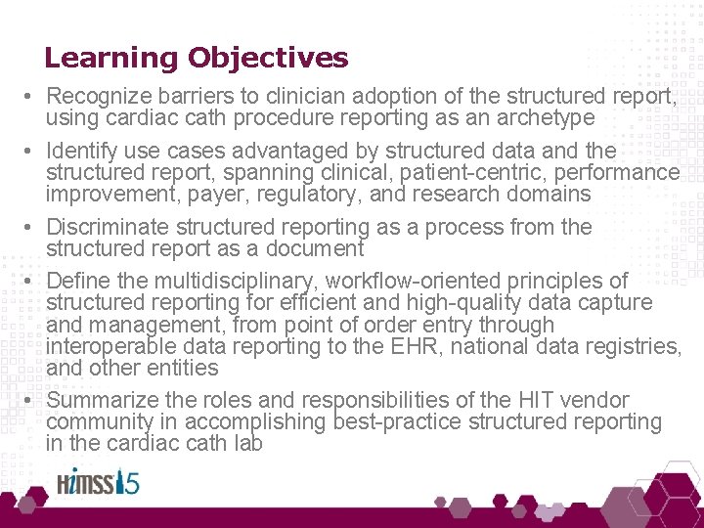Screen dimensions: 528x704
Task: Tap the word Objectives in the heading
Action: [x=268, y=59]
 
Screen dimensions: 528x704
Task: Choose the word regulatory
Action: [x=339, y=195]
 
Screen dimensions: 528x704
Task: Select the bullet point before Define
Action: [x=31, y=283]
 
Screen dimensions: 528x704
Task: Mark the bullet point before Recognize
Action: [x=31, y=97]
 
